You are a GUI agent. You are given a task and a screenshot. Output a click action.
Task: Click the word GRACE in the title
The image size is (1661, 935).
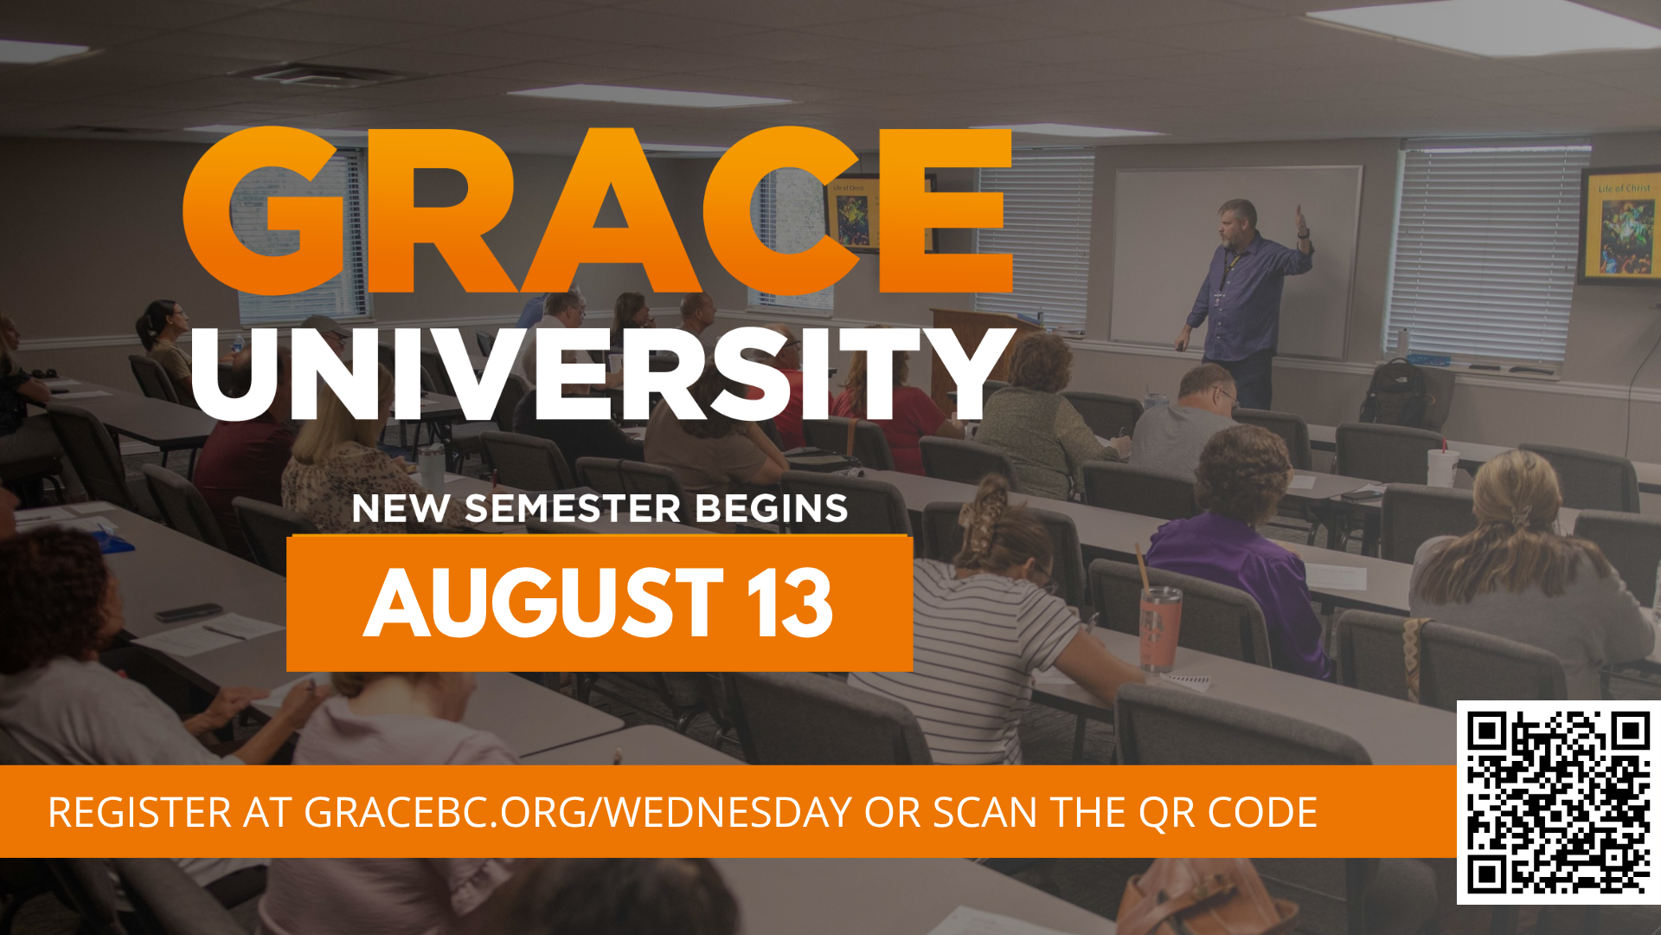[597, 210]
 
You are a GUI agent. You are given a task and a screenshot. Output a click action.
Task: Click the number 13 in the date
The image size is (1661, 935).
[790, 603]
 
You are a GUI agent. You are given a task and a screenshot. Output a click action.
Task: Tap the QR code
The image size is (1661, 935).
[1559, 803]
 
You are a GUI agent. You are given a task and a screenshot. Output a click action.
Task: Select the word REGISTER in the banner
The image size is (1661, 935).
[140, 812]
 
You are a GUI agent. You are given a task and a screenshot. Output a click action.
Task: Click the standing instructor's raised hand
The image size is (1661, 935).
[1301, 222]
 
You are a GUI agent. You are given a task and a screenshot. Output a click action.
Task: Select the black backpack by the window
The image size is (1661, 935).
[1395, 394]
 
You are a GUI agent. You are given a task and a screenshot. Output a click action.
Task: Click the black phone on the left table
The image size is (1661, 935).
[189, 612]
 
